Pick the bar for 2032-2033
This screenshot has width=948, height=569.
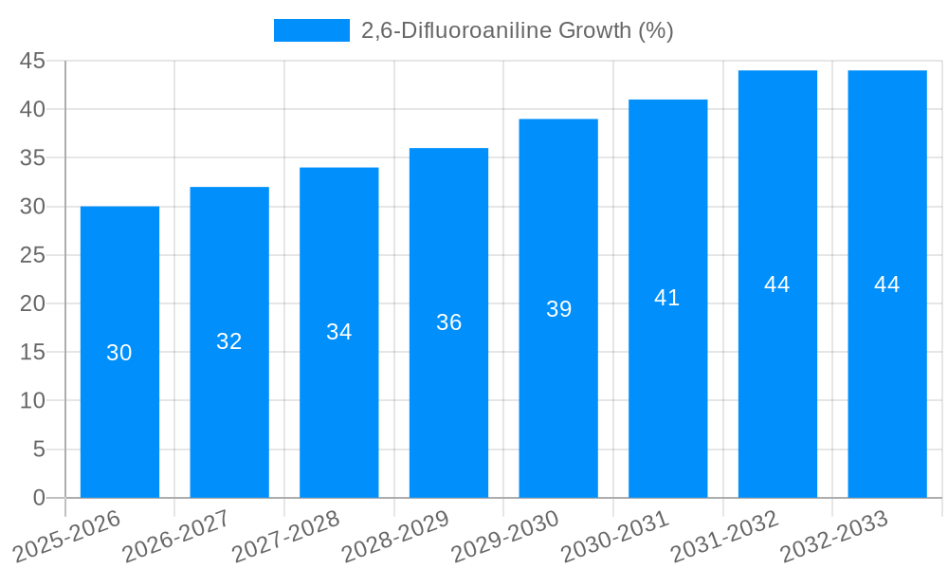[887, 379]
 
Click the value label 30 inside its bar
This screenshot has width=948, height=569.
[119, 353]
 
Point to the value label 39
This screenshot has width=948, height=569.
[558, 309]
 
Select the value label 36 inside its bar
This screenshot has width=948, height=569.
[448, 322]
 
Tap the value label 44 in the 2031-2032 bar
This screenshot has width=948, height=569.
[777, 284]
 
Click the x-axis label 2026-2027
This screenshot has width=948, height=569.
[176, 537]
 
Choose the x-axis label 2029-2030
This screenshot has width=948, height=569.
[505, 537]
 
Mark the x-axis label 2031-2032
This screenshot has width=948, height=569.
[725, 537]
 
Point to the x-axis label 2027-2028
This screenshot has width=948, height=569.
[286, 537]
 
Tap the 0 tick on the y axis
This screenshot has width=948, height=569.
[39, 498]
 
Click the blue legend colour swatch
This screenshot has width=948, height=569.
[311, 30]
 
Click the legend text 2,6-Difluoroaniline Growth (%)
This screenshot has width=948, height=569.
[518, 30]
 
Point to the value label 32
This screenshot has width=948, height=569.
[229, 341]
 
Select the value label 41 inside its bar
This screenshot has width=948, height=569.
[667, 298]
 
